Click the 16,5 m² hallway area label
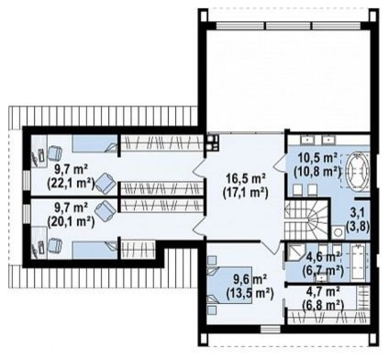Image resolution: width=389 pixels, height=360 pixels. [247, 178]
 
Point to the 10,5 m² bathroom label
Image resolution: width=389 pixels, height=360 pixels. [317, 158]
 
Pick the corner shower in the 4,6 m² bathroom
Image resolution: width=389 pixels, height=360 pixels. [295, 253]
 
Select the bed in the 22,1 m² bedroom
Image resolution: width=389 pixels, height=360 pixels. [94, 143]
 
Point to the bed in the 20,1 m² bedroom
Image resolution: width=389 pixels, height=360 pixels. [94, 250]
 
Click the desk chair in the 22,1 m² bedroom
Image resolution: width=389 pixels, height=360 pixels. [54, 152]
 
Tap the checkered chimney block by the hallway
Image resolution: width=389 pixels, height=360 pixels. [212, 143]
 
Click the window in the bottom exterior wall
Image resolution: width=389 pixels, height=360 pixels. [271, 330]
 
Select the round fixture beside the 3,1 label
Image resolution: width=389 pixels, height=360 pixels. [338, 232]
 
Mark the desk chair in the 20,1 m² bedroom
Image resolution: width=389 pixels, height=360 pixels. [54, 246]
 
